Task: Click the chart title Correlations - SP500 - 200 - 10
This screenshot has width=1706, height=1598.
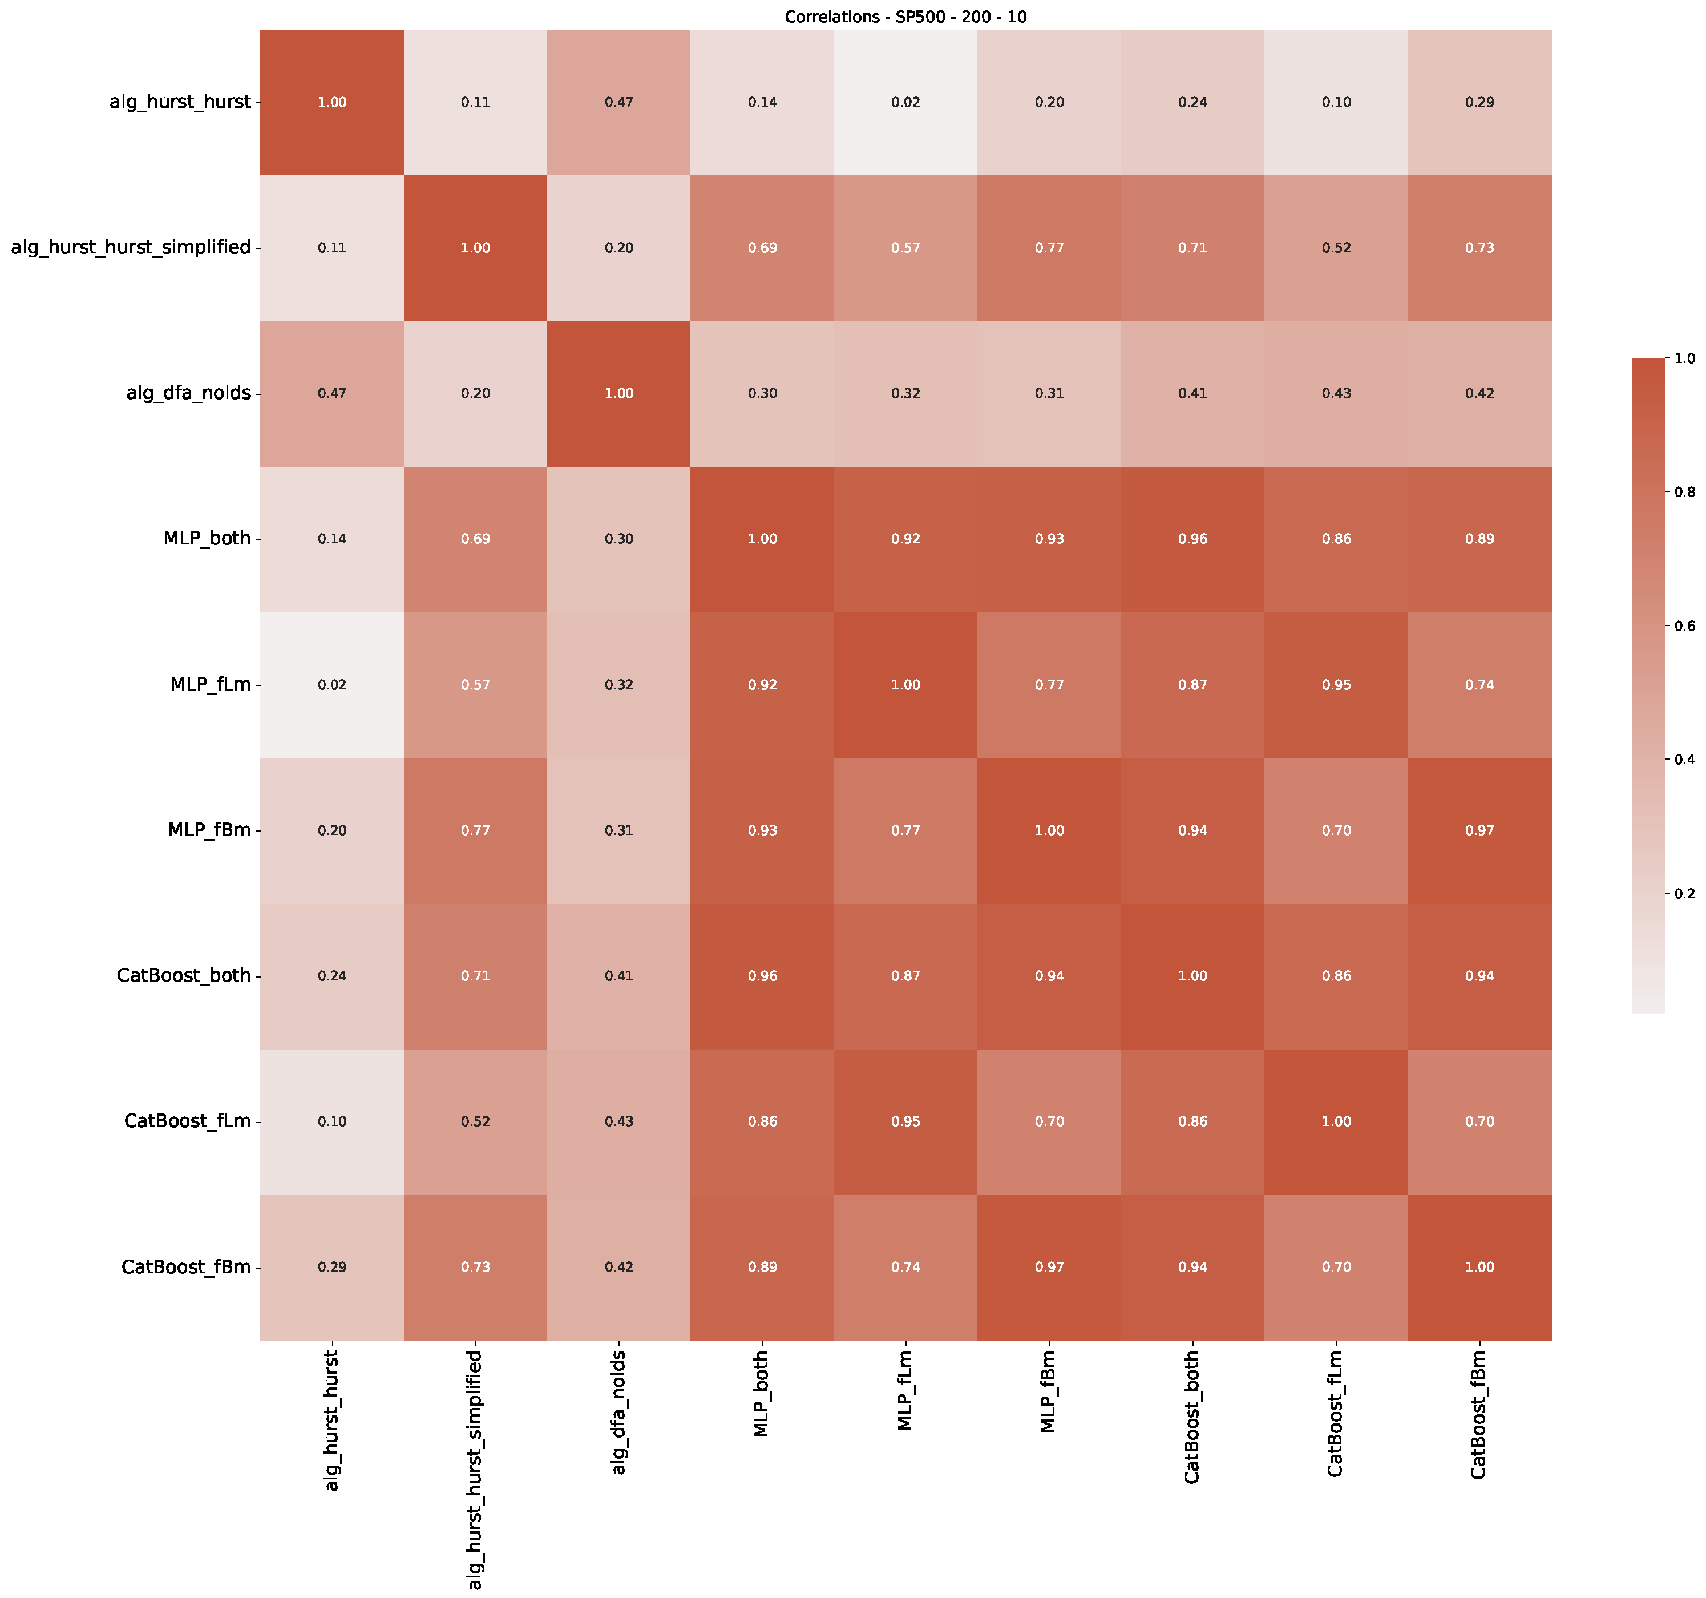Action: [905, 17]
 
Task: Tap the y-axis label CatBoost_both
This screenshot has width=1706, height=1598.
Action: [184, 976]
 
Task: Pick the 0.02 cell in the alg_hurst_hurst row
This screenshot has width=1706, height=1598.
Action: [905, 103]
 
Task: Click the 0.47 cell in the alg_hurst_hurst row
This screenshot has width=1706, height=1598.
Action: [618, 103]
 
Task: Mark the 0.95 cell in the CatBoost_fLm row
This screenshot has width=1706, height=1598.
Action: [905, 1121]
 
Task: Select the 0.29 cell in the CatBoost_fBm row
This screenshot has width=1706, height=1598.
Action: [332, 1268]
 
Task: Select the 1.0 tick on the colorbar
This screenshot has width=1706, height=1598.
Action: [1684, 358]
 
